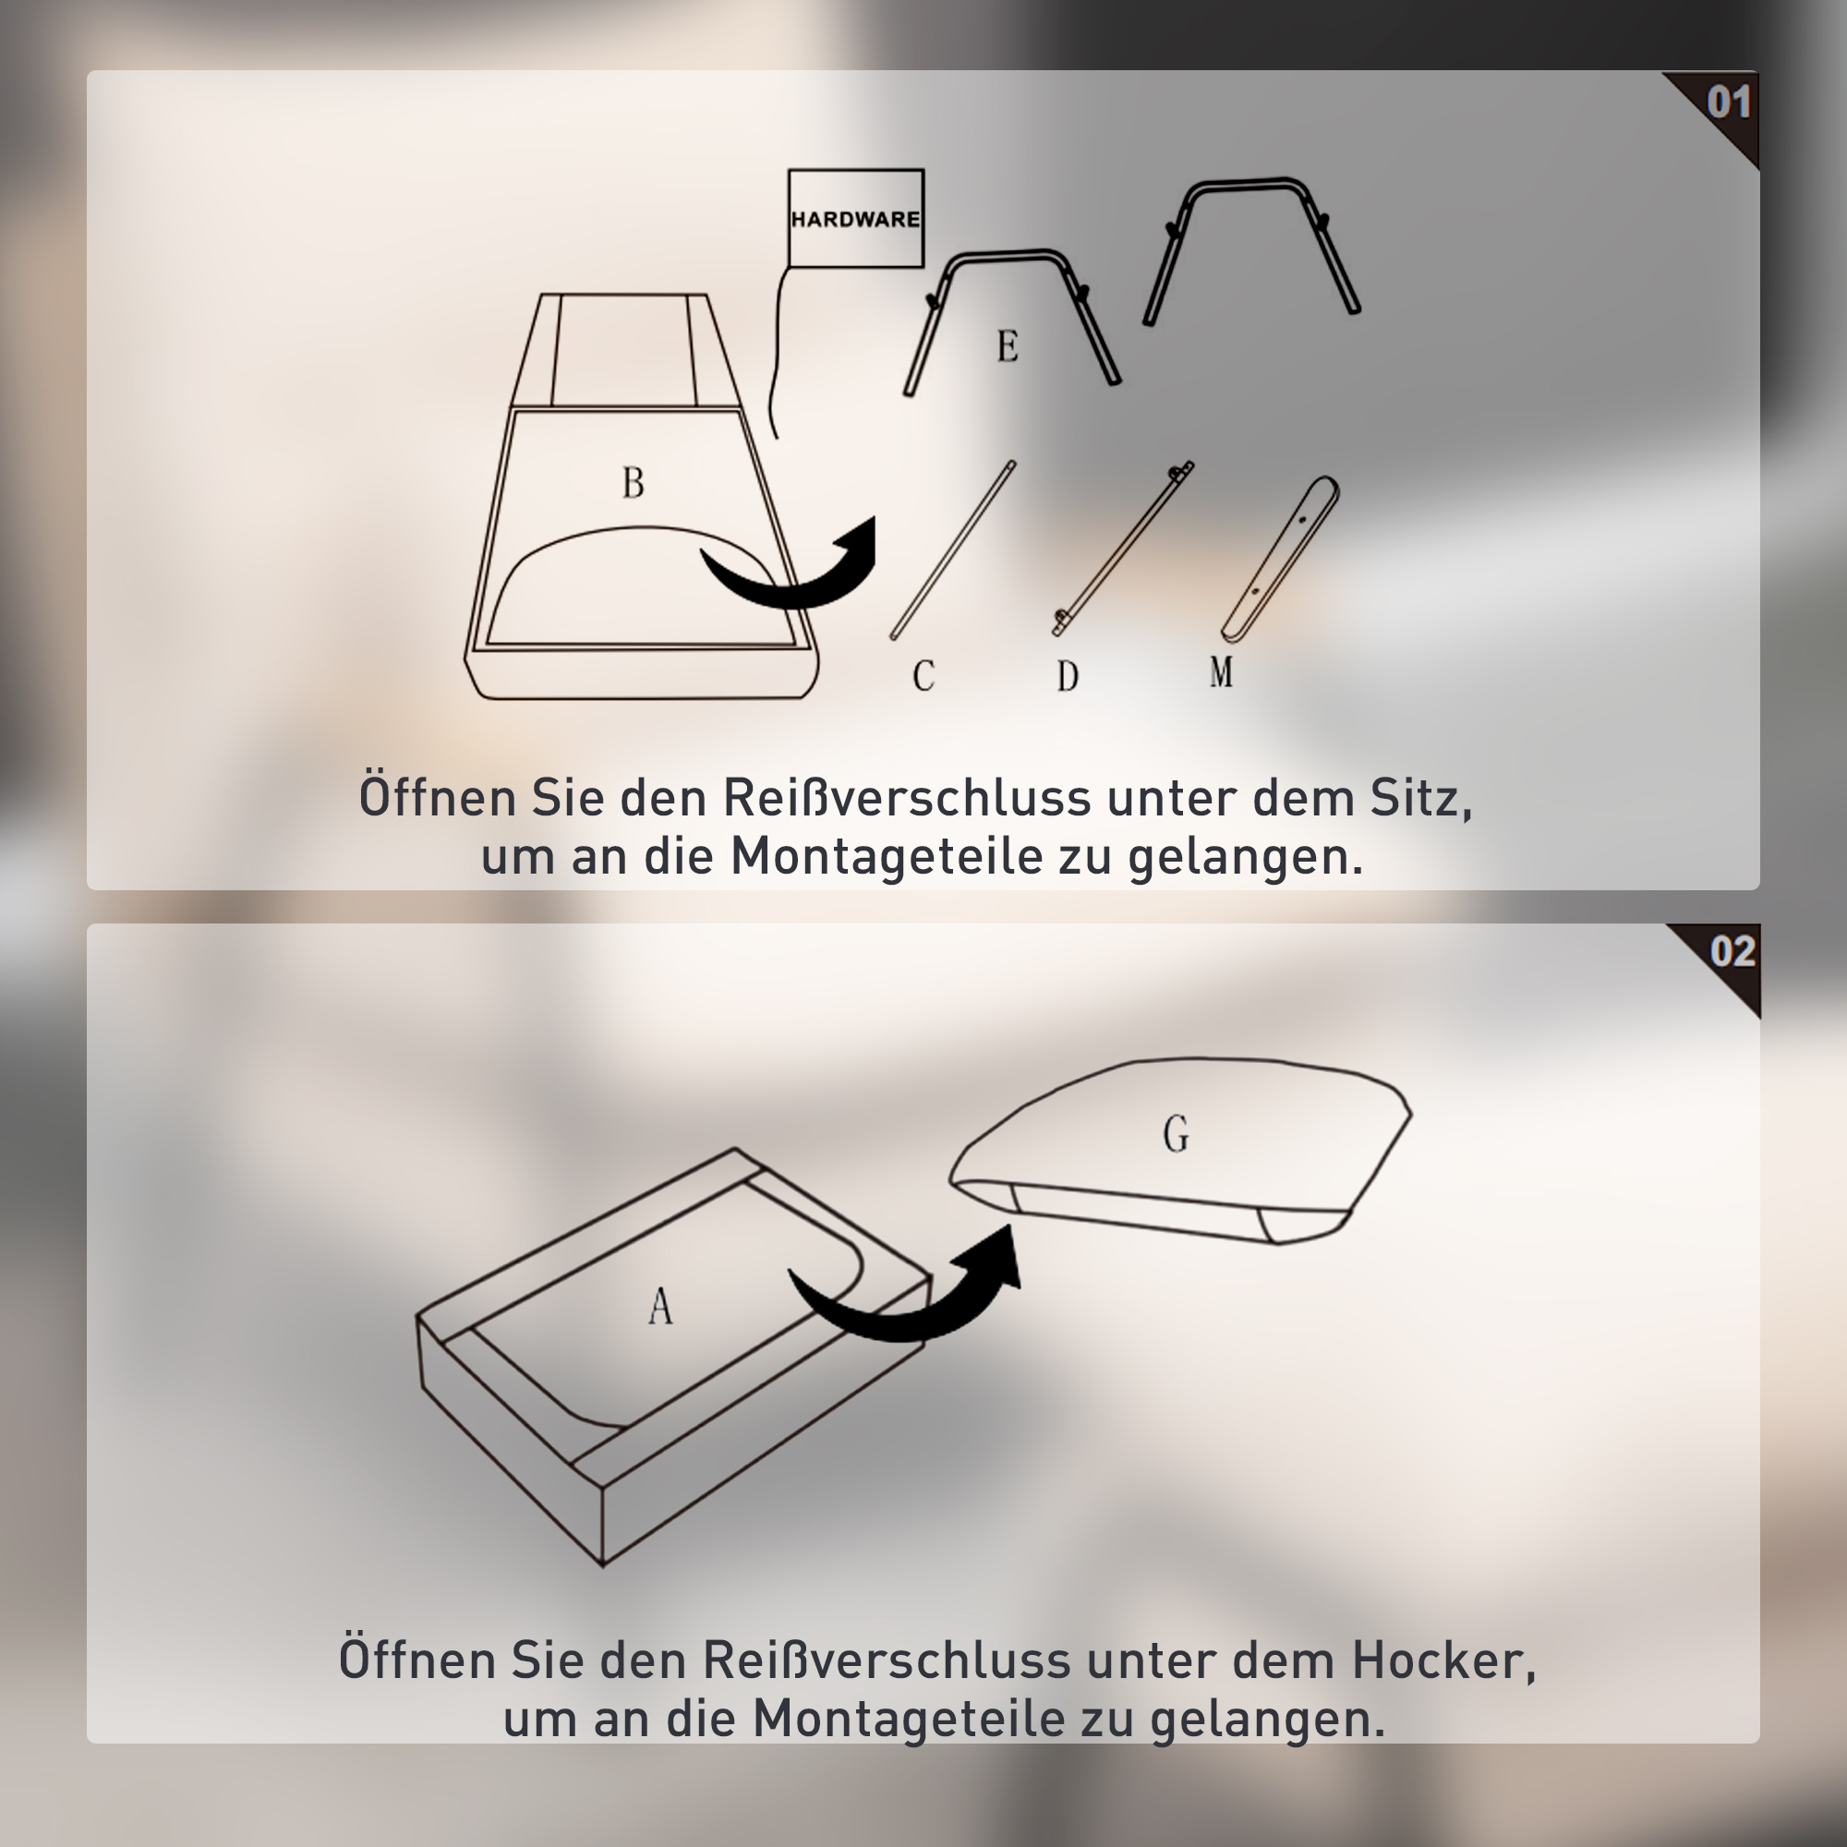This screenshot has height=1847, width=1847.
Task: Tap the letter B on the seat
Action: point(633,483)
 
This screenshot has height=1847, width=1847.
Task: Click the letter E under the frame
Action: point(1007,345)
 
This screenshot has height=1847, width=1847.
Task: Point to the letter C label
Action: point(923,676)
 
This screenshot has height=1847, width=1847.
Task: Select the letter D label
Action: point(1067,676)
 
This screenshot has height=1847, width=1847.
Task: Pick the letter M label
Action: point(1221,671)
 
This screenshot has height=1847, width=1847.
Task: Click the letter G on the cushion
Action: point(1175,1135)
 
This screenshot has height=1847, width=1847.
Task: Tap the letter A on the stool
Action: point(659,1306)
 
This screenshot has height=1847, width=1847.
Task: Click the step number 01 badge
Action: point(1728,104)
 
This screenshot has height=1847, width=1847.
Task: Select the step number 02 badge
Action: point(1732,952)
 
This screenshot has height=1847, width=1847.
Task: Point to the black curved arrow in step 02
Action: point(908,1291)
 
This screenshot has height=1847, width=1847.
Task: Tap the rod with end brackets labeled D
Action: point(1123,549)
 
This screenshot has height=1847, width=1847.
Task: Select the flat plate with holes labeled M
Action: point(1281,560)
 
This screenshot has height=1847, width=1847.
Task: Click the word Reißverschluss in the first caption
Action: point(906,798)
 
